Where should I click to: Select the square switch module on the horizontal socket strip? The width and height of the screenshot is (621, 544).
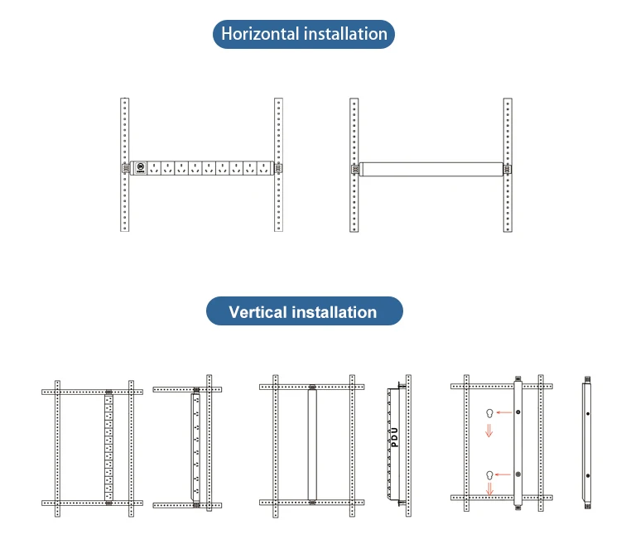[x=142, y=167]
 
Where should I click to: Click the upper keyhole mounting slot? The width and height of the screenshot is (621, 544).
[x=490, y=412]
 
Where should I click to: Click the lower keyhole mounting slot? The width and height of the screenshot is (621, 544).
[x=490, y=474]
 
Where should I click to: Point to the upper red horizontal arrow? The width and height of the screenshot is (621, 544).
[x=503, y=412]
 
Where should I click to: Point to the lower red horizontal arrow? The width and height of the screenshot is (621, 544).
[x=503, y=474]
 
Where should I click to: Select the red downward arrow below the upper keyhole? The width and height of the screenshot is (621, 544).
[x=489, y=429]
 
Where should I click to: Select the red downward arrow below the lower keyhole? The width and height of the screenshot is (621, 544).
[x=489, y=490]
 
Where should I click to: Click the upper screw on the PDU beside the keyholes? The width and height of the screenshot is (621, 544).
[x=517, y=412]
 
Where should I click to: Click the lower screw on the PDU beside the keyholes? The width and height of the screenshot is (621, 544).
[x=517, y=474]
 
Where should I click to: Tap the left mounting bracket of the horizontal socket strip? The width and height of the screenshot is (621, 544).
[x=125, y=167]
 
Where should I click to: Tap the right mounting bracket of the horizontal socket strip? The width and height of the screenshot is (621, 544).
[x=278, y=167]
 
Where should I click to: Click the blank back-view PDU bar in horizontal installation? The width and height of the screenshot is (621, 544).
[x=431, y=168]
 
